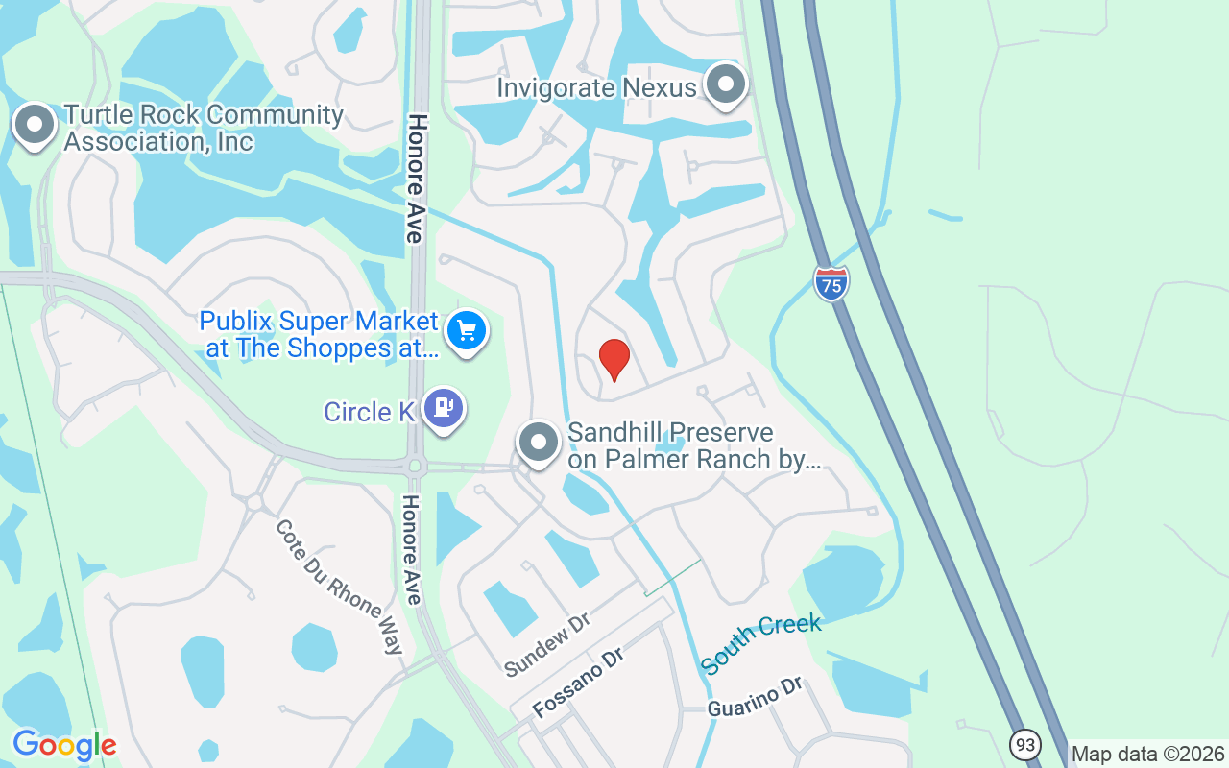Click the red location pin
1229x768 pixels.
coord(614,360)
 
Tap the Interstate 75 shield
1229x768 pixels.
coord(831,283)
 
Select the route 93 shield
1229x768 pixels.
coord(1025,744)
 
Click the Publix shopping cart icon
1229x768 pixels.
coord(467,331)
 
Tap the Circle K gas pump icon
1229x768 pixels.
coord(443,408)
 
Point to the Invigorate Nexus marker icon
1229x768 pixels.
coord(727,84)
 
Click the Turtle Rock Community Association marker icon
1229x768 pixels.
coord(36,125)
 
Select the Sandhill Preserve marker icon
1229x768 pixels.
coord(539,443)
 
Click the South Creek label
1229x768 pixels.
coord(760,642)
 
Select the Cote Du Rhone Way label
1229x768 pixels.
coord(339,587)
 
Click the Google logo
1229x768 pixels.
coord(64,745)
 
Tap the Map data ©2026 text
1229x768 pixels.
coord(1147,755)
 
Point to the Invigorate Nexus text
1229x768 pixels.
coord(595,88)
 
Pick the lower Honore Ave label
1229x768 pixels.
coord(412,550)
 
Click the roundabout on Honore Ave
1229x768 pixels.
coord(416,467)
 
